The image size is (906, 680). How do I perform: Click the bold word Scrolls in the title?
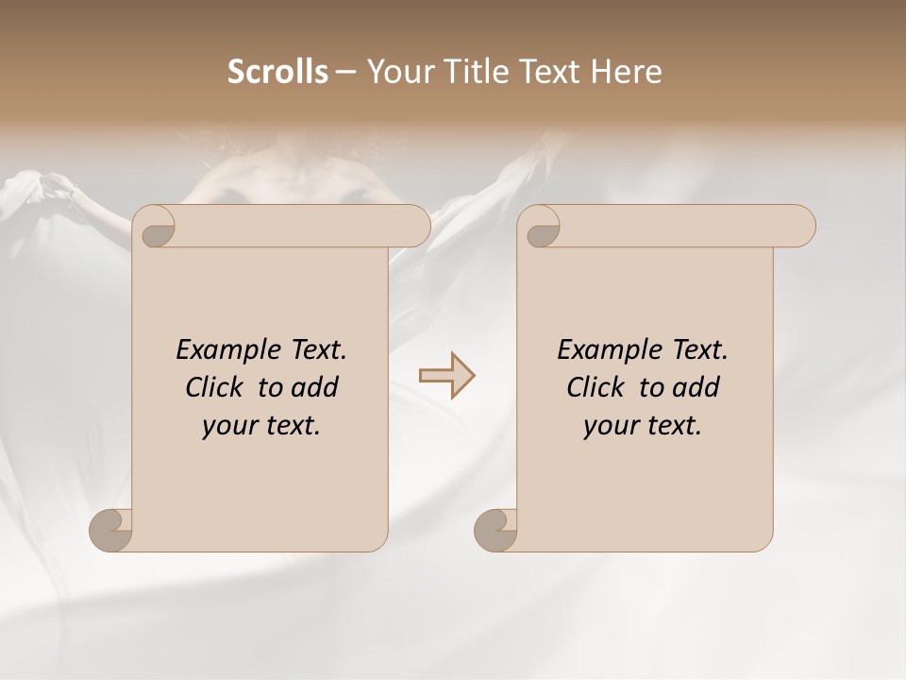click(277, 72)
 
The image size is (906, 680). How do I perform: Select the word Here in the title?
click(626, 72)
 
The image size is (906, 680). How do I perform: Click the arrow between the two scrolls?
click(447, 376)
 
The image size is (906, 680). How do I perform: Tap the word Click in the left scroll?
click(217, 388)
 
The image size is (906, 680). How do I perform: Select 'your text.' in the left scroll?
click(261, 426)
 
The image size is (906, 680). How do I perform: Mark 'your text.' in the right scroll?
click(643, 426)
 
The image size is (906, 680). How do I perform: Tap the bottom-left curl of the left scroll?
click(111, 529)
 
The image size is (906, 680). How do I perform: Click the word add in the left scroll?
click(315, 388)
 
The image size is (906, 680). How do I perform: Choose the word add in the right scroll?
click(696, 388)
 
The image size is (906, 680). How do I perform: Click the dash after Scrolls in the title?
click(346, 72)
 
